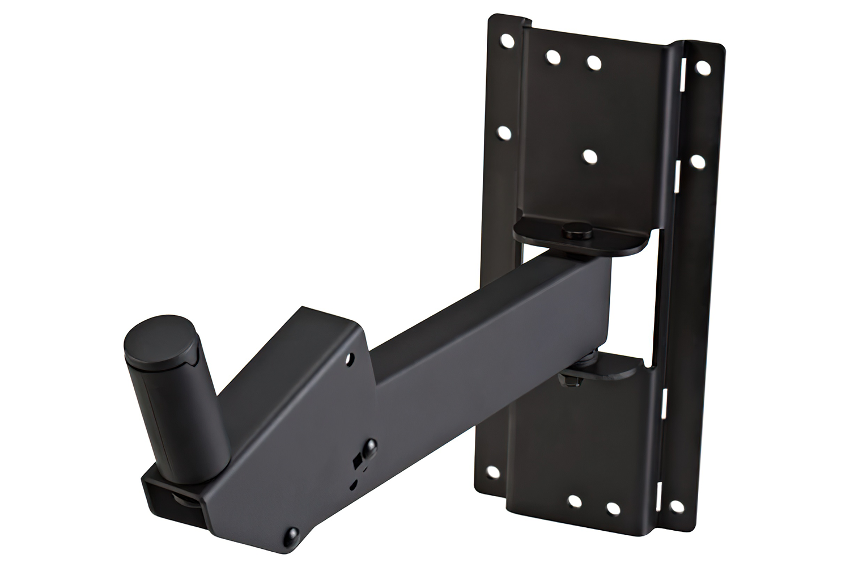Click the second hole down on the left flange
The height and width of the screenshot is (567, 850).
pyautogui.click(x=503, y=132)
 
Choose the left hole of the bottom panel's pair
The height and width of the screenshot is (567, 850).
pyautogui.click(x=574, y=501)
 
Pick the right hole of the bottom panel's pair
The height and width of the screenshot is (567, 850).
pyautogui.click(x=612, y=507)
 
